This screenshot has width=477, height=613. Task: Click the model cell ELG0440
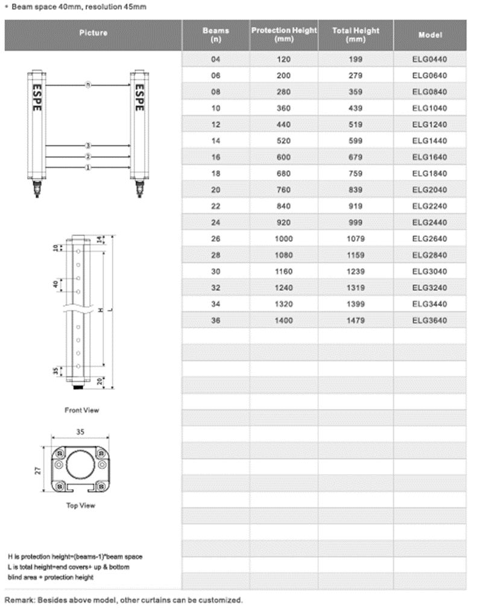(429, 59)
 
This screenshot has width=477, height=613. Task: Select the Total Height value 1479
(355, 320)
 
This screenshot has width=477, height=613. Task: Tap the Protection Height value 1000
(283, 239)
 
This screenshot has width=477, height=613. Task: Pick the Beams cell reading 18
(216, 174)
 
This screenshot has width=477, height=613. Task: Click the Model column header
(430, 34)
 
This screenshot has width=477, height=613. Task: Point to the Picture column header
(93, 33)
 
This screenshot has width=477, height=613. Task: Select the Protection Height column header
(283, 34)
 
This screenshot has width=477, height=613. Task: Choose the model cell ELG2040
(429, 189)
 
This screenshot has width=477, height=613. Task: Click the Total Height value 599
(355, 141)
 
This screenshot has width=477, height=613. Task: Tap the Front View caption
(81, 410)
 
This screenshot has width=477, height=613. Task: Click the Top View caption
(80, 506)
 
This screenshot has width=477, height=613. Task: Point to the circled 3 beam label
(88, 145)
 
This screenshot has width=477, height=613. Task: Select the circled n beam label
(88, 85)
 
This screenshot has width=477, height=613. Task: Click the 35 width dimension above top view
(80, 432)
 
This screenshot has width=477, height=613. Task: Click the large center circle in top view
(80, 466)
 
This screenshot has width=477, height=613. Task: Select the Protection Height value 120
(283, 59)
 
